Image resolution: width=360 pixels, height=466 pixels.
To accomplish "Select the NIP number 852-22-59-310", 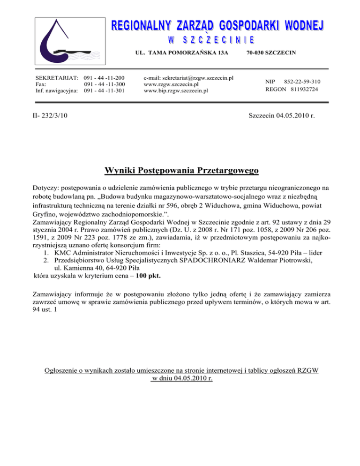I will tap(302, 81).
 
